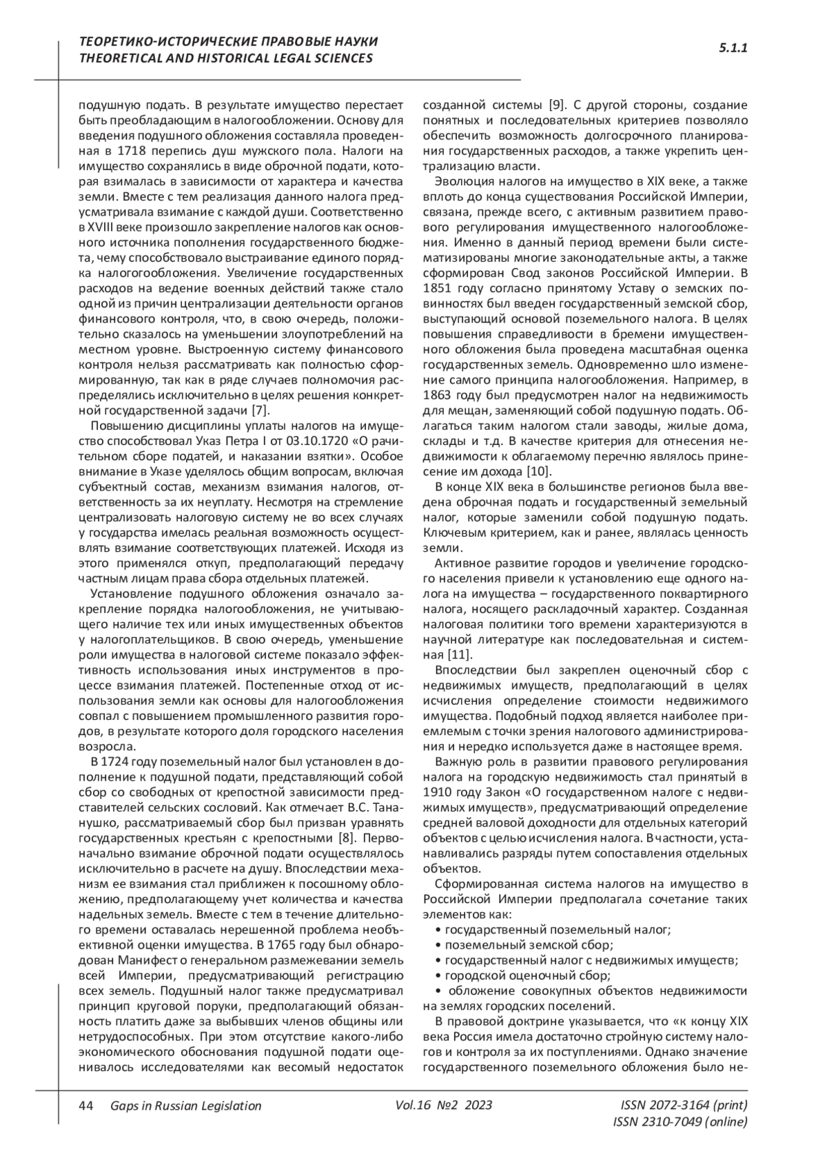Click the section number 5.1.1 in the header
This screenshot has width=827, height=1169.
733,48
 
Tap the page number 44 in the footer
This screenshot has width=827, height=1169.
86,1106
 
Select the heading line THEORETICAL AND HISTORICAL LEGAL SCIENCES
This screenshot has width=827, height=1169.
226,58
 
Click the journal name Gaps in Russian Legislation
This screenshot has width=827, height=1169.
185,1106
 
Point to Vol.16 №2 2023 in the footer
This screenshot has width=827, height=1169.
444,1105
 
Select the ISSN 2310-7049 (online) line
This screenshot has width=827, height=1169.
680,1121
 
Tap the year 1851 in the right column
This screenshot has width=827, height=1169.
436,288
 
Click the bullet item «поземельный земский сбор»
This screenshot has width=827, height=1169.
529,945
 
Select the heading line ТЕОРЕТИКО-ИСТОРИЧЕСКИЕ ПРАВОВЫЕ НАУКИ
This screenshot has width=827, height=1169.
228,42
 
